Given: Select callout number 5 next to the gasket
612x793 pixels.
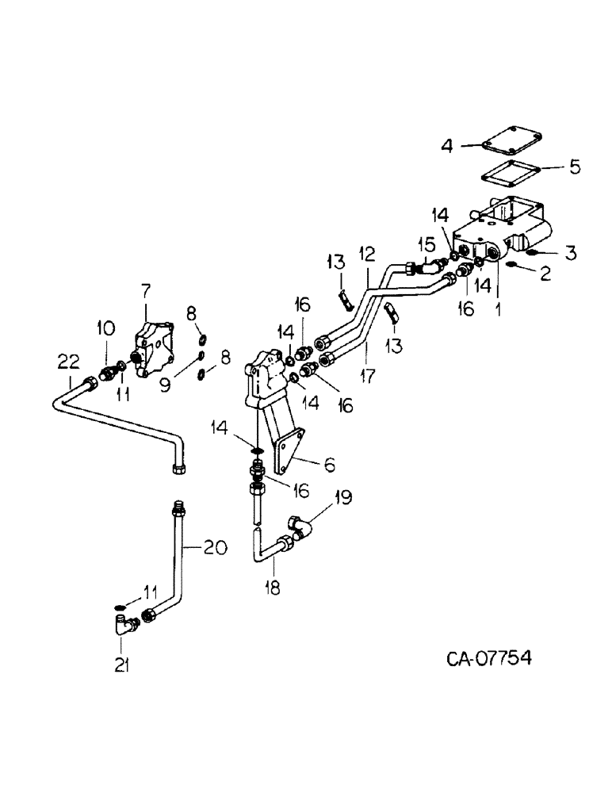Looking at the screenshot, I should pyautogui.click(x=574, y=167).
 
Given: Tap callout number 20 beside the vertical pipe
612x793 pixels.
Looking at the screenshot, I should pyautogui.click(x=217, y=547).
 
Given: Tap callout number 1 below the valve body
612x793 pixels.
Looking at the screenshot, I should pyautogui.click(x=498, y=303).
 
